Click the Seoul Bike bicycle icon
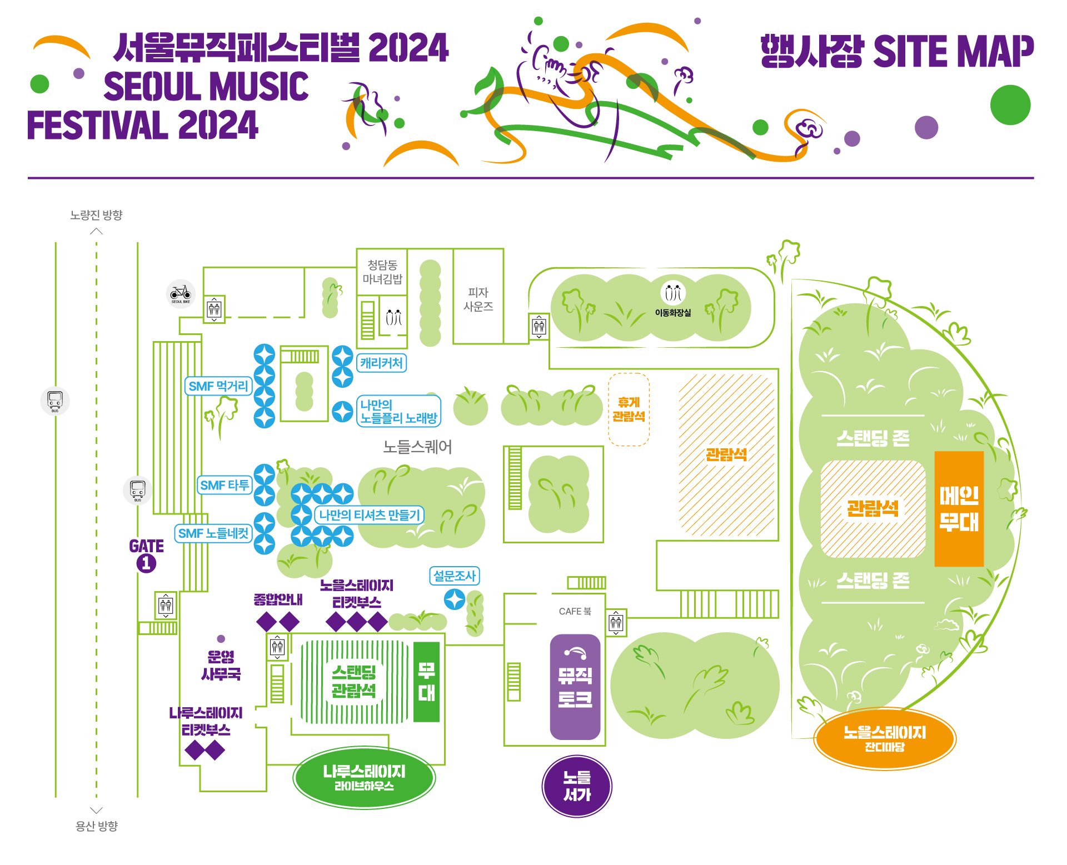(181, 293)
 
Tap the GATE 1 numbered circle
(146, 563)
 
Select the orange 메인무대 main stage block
(959, 508)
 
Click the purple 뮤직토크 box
(575, 687)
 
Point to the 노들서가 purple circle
(577, 786)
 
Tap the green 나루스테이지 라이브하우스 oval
(364, 777)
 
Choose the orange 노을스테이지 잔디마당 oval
(885, 738)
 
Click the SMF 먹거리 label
(218, 386)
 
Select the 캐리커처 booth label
(381, 363)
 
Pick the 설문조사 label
(455, 576)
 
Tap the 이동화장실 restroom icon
(673, 293)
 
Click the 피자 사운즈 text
(478, 299)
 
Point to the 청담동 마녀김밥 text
(382, 272)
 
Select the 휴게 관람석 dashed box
(629, 409)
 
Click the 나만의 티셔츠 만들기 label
(370, 515)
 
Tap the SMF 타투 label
(225, 485)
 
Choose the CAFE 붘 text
(575, 611)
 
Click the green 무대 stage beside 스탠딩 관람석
(427, 682)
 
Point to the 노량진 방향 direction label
(96, 215)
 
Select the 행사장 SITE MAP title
(897, 51)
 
